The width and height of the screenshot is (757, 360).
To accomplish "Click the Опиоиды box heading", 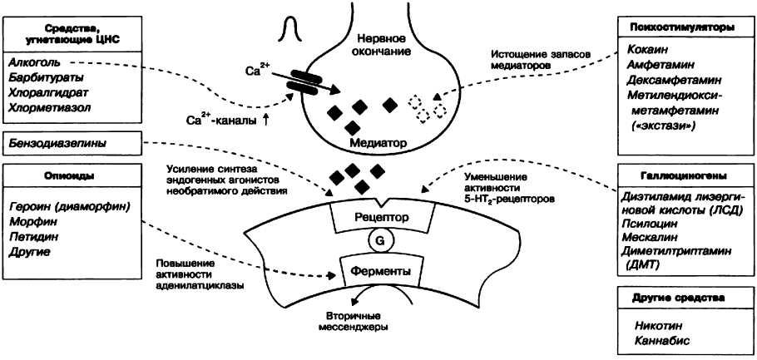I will click(x=70, y=176).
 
